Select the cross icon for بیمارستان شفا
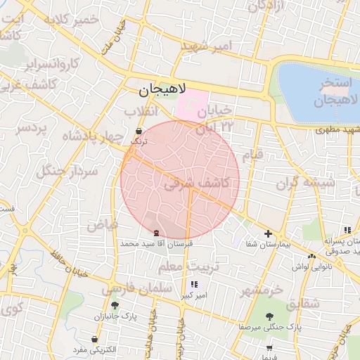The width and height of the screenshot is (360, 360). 268,234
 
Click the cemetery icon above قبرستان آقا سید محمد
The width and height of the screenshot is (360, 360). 155,233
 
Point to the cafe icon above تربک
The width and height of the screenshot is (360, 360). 139,131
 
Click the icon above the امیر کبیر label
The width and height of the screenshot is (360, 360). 194,284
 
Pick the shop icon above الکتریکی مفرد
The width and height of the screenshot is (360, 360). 94,339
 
